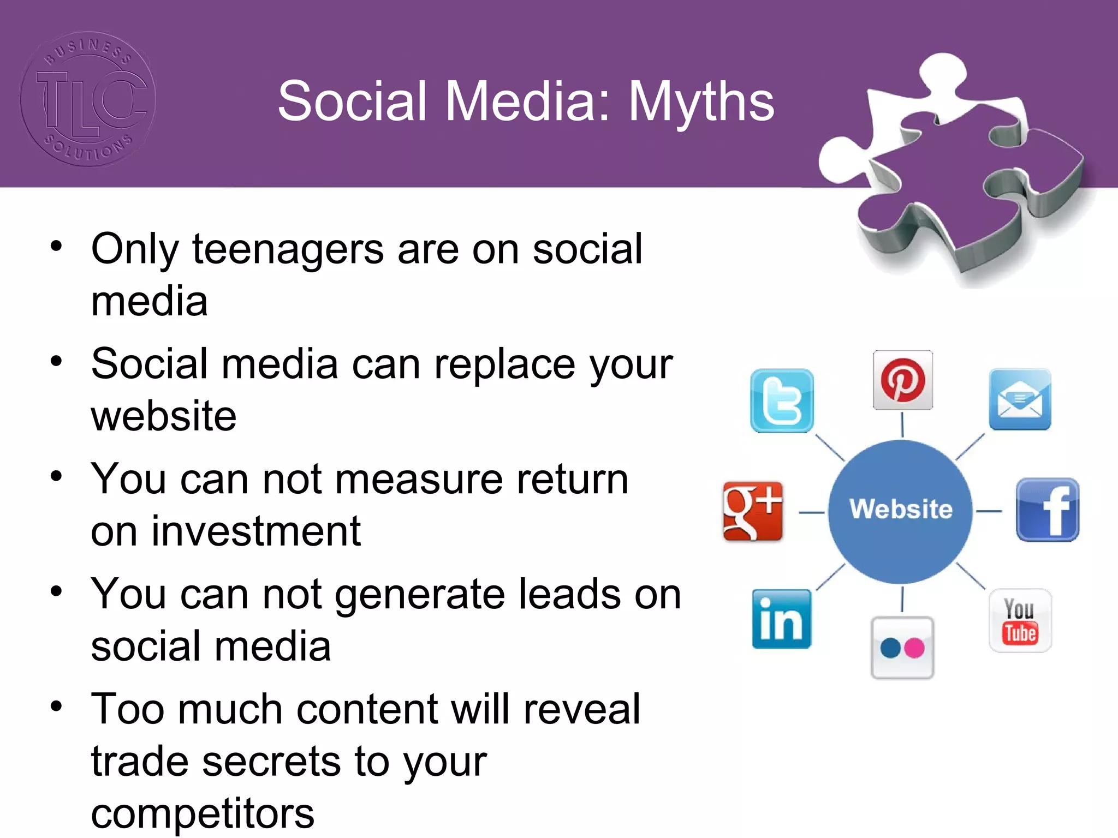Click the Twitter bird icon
(x=782, y=401)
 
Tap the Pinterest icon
(x=903, y=380)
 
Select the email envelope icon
(x=1020, y=399)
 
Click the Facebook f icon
(x=1047, y=510)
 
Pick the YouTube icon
(x=1020, y=621)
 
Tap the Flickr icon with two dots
(x=902, y=648)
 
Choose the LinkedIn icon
(x=781, y=619)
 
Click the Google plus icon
(x=752, y=511)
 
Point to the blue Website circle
(x=900, y=511)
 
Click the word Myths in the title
(x=701, y=101)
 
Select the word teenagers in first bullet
(x=288, y=249)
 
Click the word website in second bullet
(x=164, y=416)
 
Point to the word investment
(x=256, y=531)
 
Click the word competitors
(x=203, y=813)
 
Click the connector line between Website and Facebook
(x=989, y=511)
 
